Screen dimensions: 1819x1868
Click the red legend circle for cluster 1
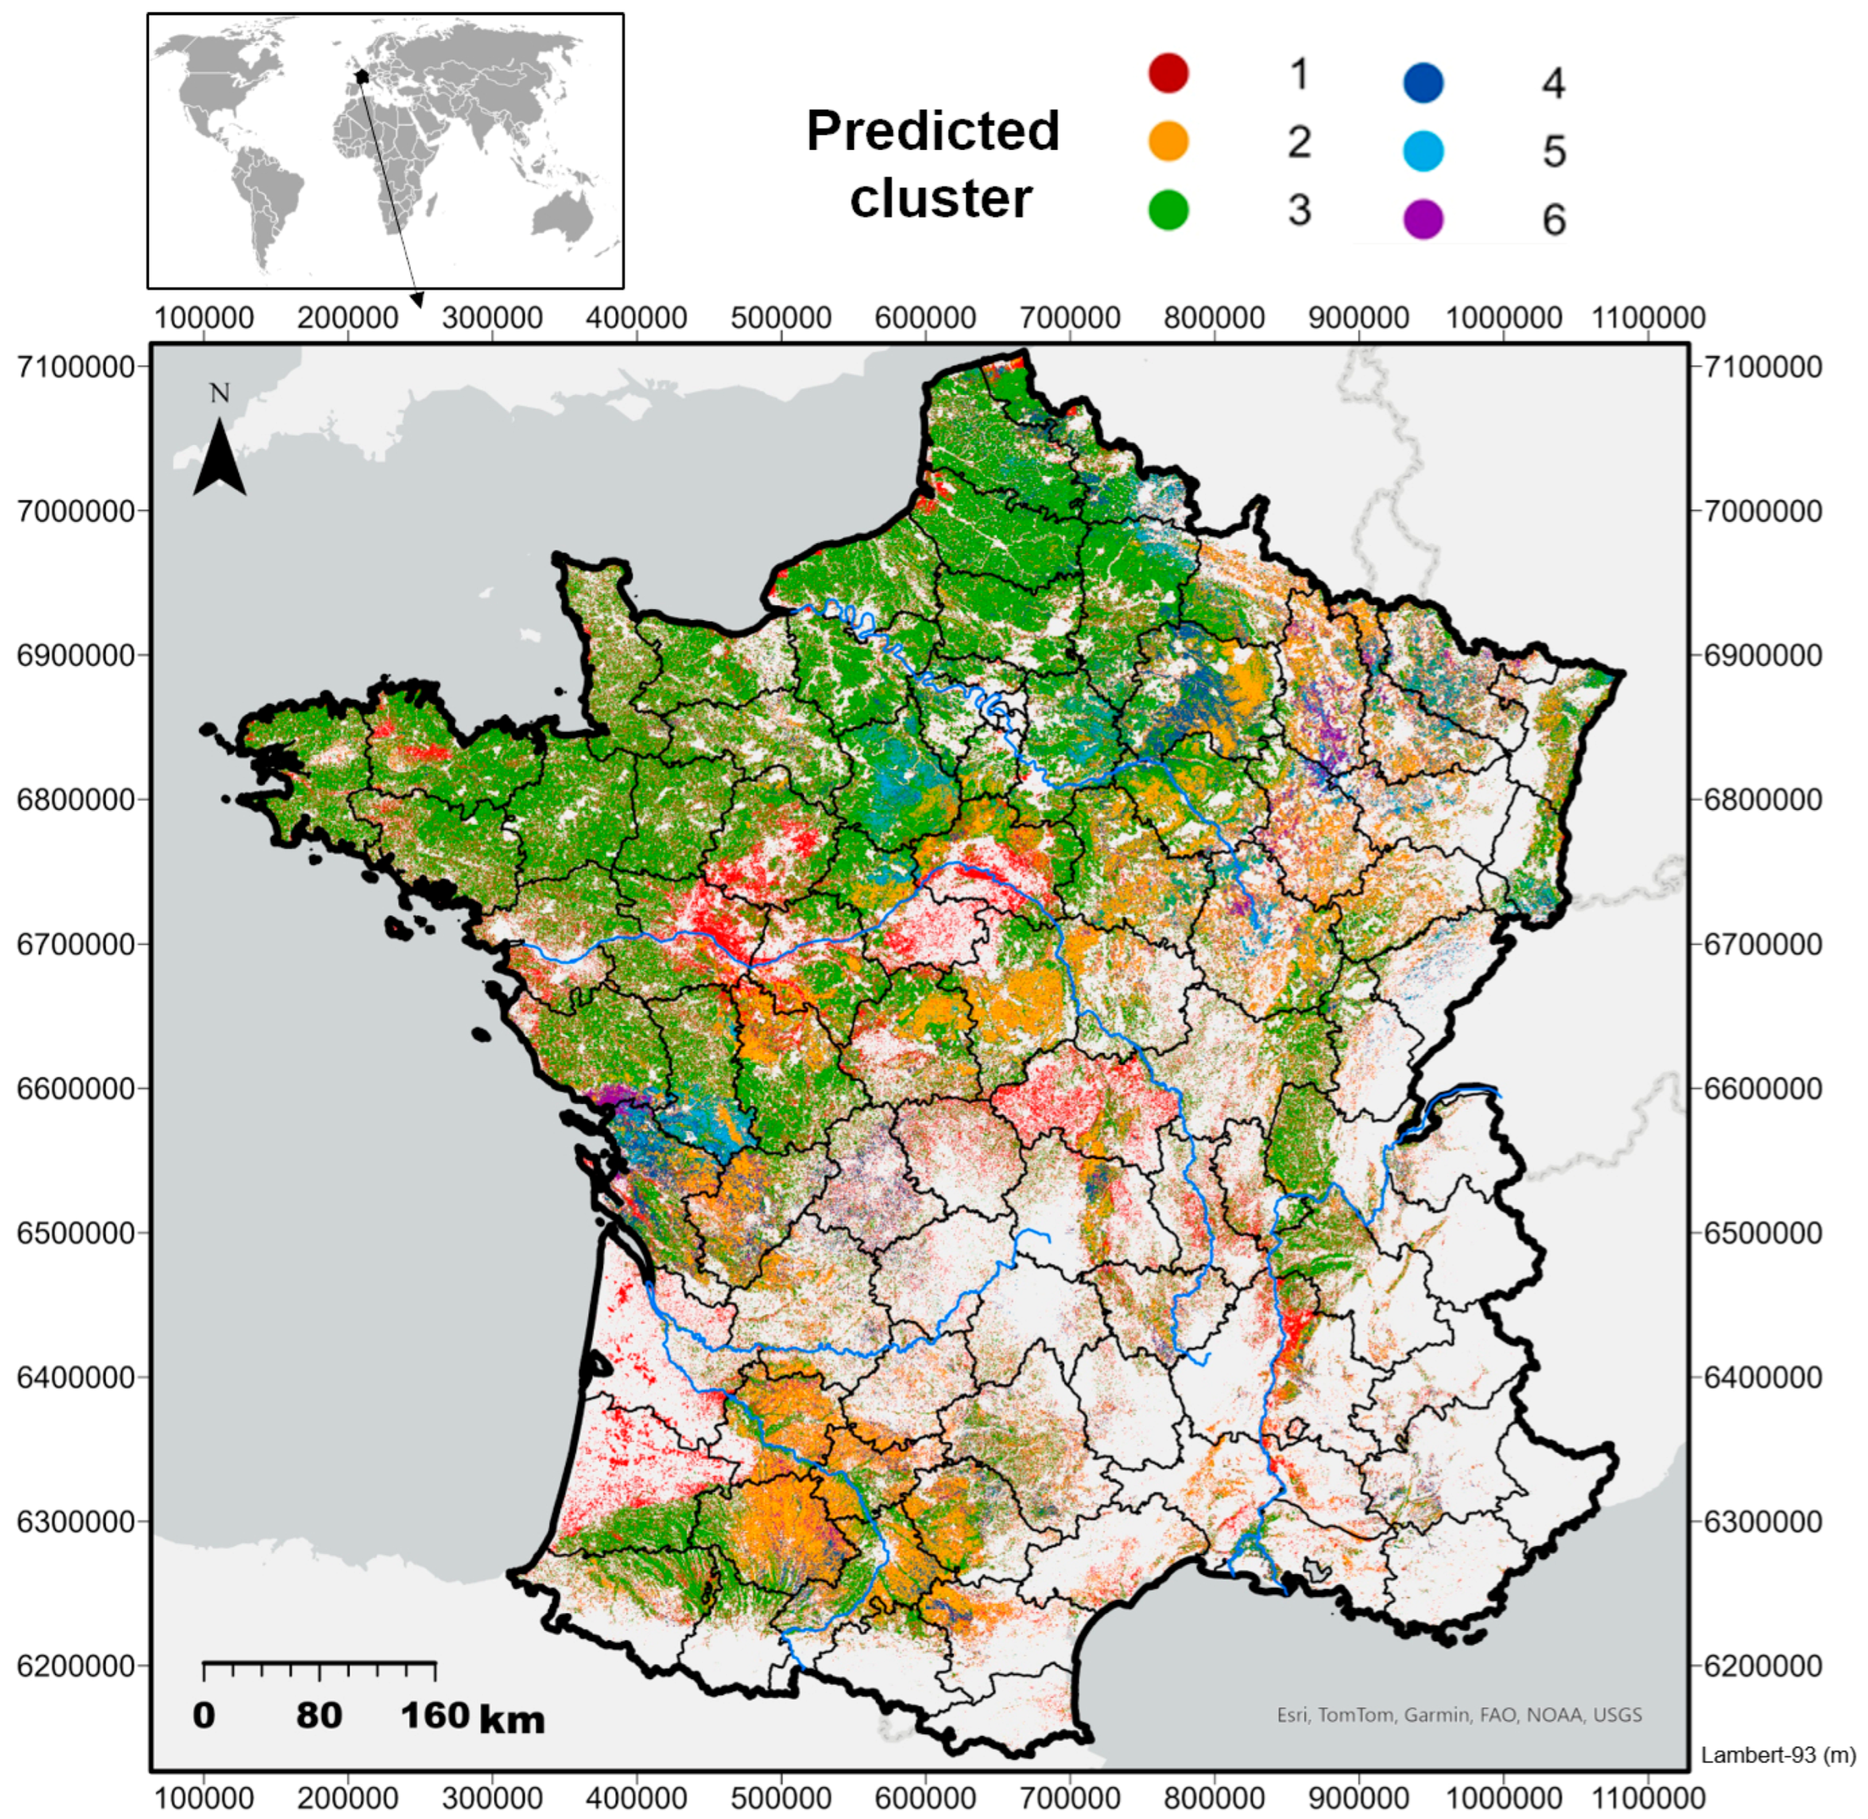point(1168,73)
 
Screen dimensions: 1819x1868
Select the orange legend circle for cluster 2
point(1168,141)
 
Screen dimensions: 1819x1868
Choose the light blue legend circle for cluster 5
point(1423,151)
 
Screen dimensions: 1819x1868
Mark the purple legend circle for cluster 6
point(1423,219)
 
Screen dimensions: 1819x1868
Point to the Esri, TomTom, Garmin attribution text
point(1459,1714)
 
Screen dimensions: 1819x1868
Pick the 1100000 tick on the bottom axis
point(1649,1798)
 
